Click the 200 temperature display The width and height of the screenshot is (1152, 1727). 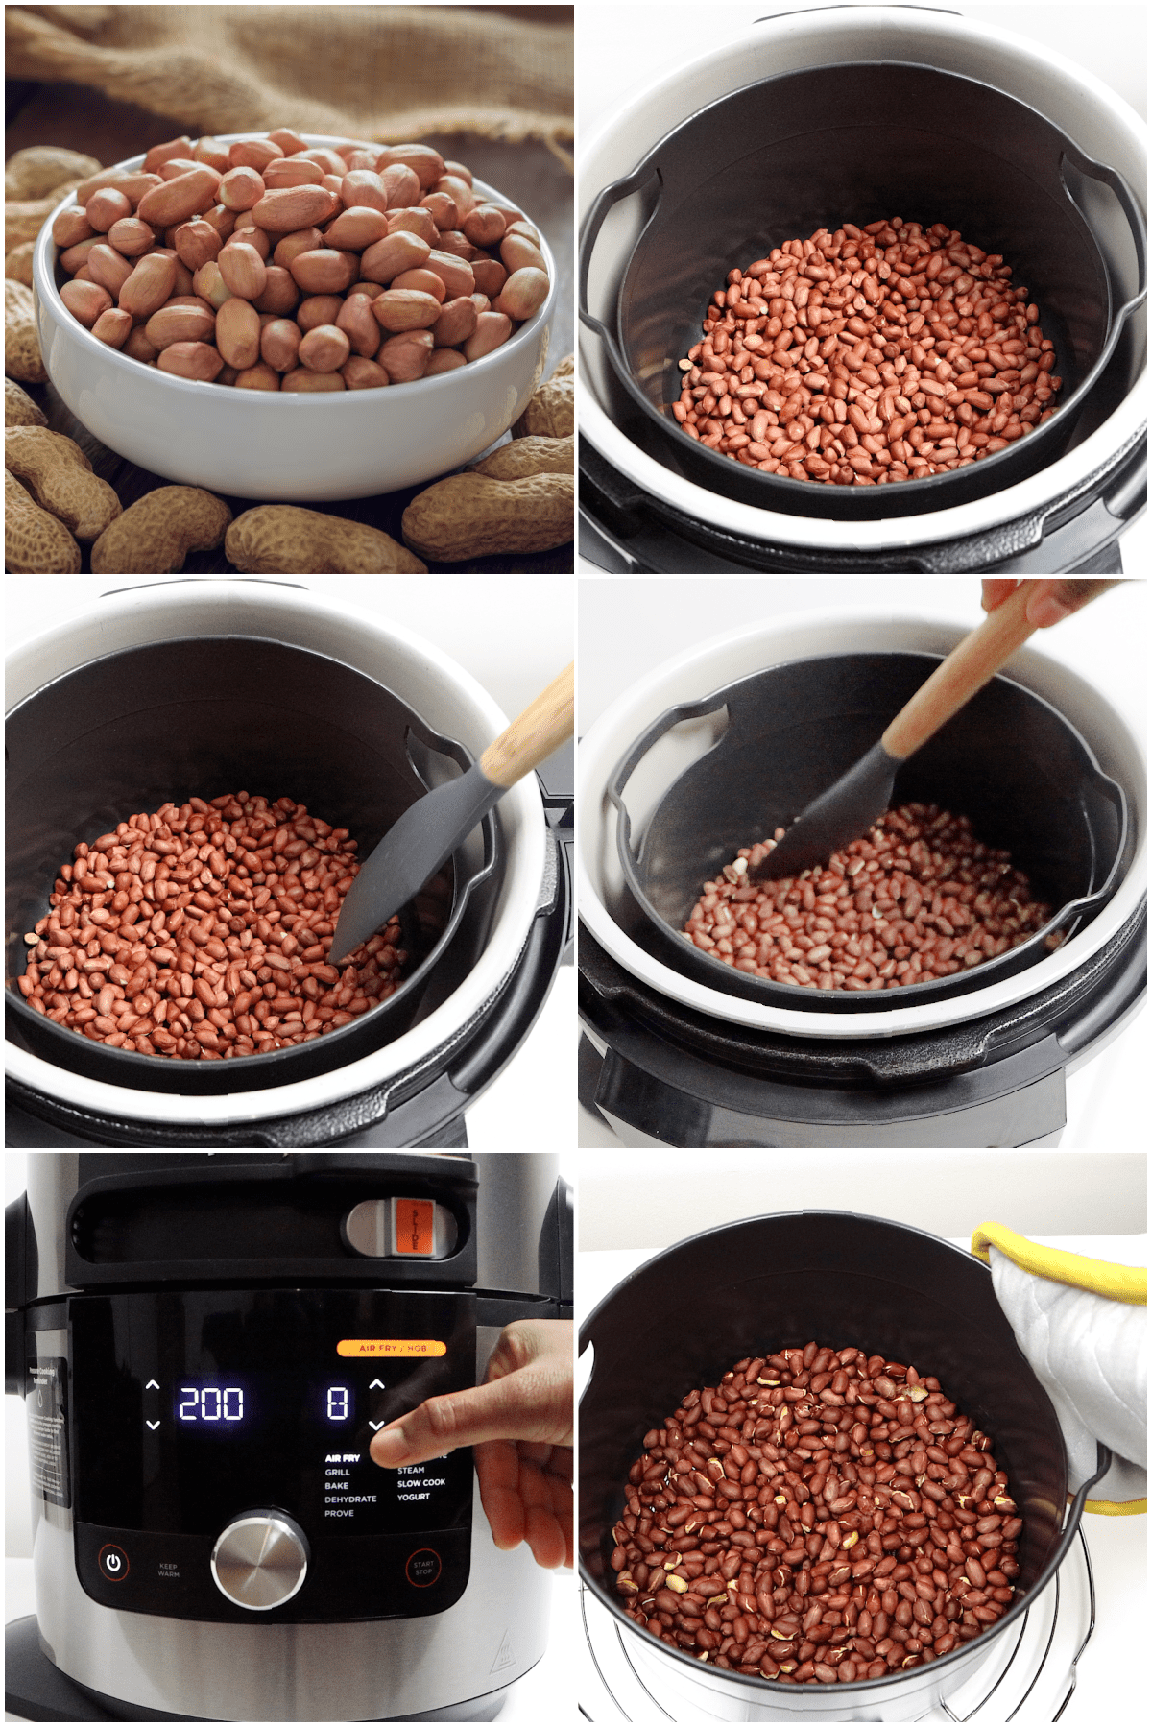point(211,1404)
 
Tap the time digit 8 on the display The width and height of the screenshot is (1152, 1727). point(337,1404)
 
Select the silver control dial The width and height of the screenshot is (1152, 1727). point(259,1557)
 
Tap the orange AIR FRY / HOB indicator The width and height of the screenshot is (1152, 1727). point(392,1348)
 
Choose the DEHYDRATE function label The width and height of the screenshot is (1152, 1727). point(350,1499)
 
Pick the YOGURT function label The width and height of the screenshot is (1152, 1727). point(414,1497)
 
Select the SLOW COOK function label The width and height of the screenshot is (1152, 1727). point(421,1483)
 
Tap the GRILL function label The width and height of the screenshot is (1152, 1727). point(338,1472)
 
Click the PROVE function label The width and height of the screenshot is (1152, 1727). point(339,1513)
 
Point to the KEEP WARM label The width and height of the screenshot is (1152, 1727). point(169,1571)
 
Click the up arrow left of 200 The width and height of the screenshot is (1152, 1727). point(153,1385)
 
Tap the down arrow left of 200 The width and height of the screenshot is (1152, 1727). point(153,1426)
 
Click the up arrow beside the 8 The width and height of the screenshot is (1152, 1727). point(376,1384)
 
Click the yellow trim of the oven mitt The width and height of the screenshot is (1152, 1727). point(1056,1258)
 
